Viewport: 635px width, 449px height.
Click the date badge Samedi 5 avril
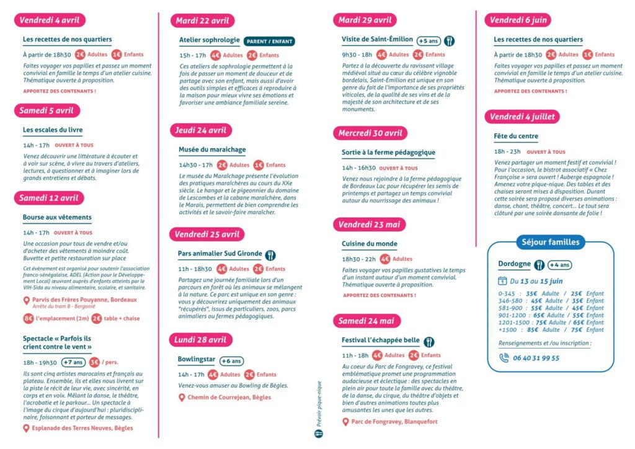[47, 110]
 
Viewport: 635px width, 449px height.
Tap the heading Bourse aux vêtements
[57, 218]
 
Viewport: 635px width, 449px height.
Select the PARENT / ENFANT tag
[269, 41]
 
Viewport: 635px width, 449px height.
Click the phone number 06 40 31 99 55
[537, 358]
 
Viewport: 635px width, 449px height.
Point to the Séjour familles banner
[550, 242]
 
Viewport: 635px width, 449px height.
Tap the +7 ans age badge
[74, 362]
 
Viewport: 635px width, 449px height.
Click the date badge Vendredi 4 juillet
[522, 117]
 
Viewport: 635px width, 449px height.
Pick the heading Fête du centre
[516, 136]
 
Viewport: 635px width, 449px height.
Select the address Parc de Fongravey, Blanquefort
[394, 422]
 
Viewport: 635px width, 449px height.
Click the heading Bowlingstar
[195, 360]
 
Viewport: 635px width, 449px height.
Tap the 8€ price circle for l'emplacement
[28, 318]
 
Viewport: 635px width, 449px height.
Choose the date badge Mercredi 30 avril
[370, 133]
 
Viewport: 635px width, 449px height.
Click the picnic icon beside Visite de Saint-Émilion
[450, 41]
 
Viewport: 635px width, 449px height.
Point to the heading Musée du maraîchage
[212, 149]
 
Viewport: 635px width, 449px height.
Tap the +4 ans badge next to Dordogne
[560, 265]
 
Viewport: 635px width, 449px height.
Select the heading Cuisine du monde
[370, 244]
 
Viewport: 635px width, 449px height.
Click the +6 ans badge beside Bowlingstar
[232, 360]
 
